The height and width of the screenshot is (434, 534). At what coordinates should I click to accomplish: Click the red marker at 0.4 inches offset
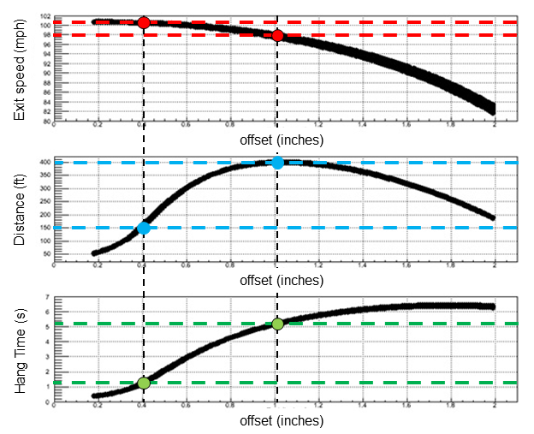pyautogui.click(x=144, y=22)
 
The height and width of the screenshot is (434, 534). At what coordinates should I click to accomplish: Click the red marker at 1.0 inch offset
pyautogui.click(x=277, y=35)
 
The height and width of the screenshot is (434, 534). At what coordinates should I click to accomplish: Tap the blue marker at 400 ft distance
pyautogui.click(x=277, y=163)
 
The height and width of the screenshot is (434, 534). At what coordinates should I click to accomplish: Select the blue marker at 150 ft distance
pyautogui.click(x=144, y=228)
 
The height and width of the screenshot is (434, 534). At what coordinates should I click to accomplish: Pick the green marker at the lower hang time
pyautogui.click(x=144, y=383)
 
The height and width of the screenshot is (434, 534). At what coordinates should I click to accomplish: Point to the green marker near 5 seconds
pyautogui.click(x=277, y=324)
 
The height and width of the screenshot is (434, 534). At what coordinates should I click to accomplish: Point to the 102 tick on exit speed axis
pyautogui.click(x=46, y=16)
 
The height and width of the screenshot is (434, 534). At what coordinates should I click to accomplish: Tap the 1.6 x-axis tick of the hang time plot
pyautogui.click(x=408, y=408)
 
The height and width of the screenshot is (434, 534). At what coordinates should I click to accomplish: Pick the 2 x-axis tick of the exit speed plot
pyautogui.click(x=495, y=126)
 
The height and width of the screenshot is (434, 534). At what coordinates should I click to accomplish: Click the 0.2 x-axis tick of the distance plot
pyautogui.click(x=98, y=268)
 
